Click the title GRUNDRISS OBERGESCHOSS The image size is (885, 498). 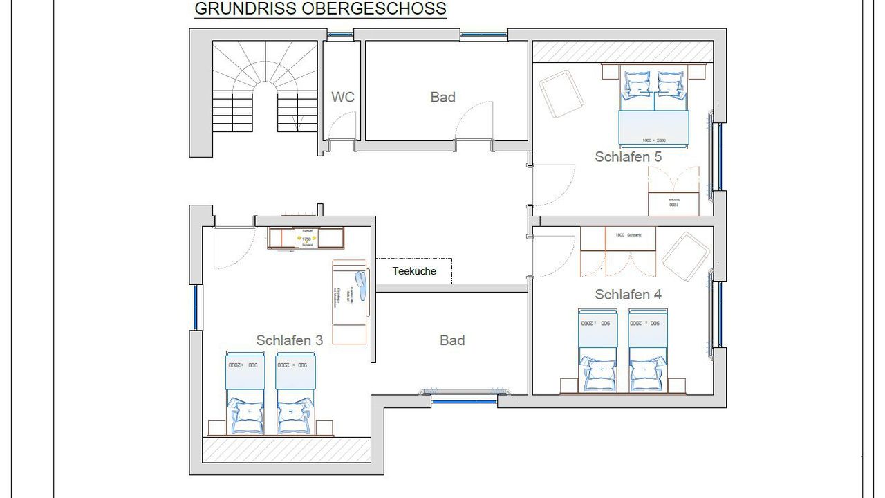[x=320, y=9]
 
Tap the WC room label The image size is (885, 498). [x=342, y=97]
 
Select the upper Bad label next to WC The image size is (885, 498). [x=442, y=97]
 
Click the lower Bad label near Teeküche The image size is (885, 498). [x=452, y=340]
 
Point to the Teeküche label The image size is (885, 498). [x=414, y=271]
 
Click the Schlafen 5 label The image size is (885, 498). [x=628, y=157]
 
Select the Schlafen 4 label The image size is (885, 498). [x=628, y=295]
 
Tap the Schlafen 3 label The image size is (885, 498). [x=289, y=340]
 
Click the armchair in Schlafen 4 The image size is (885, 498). [x=686, y=257]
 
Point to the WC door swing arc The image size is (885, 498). [x=340, y=126]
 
